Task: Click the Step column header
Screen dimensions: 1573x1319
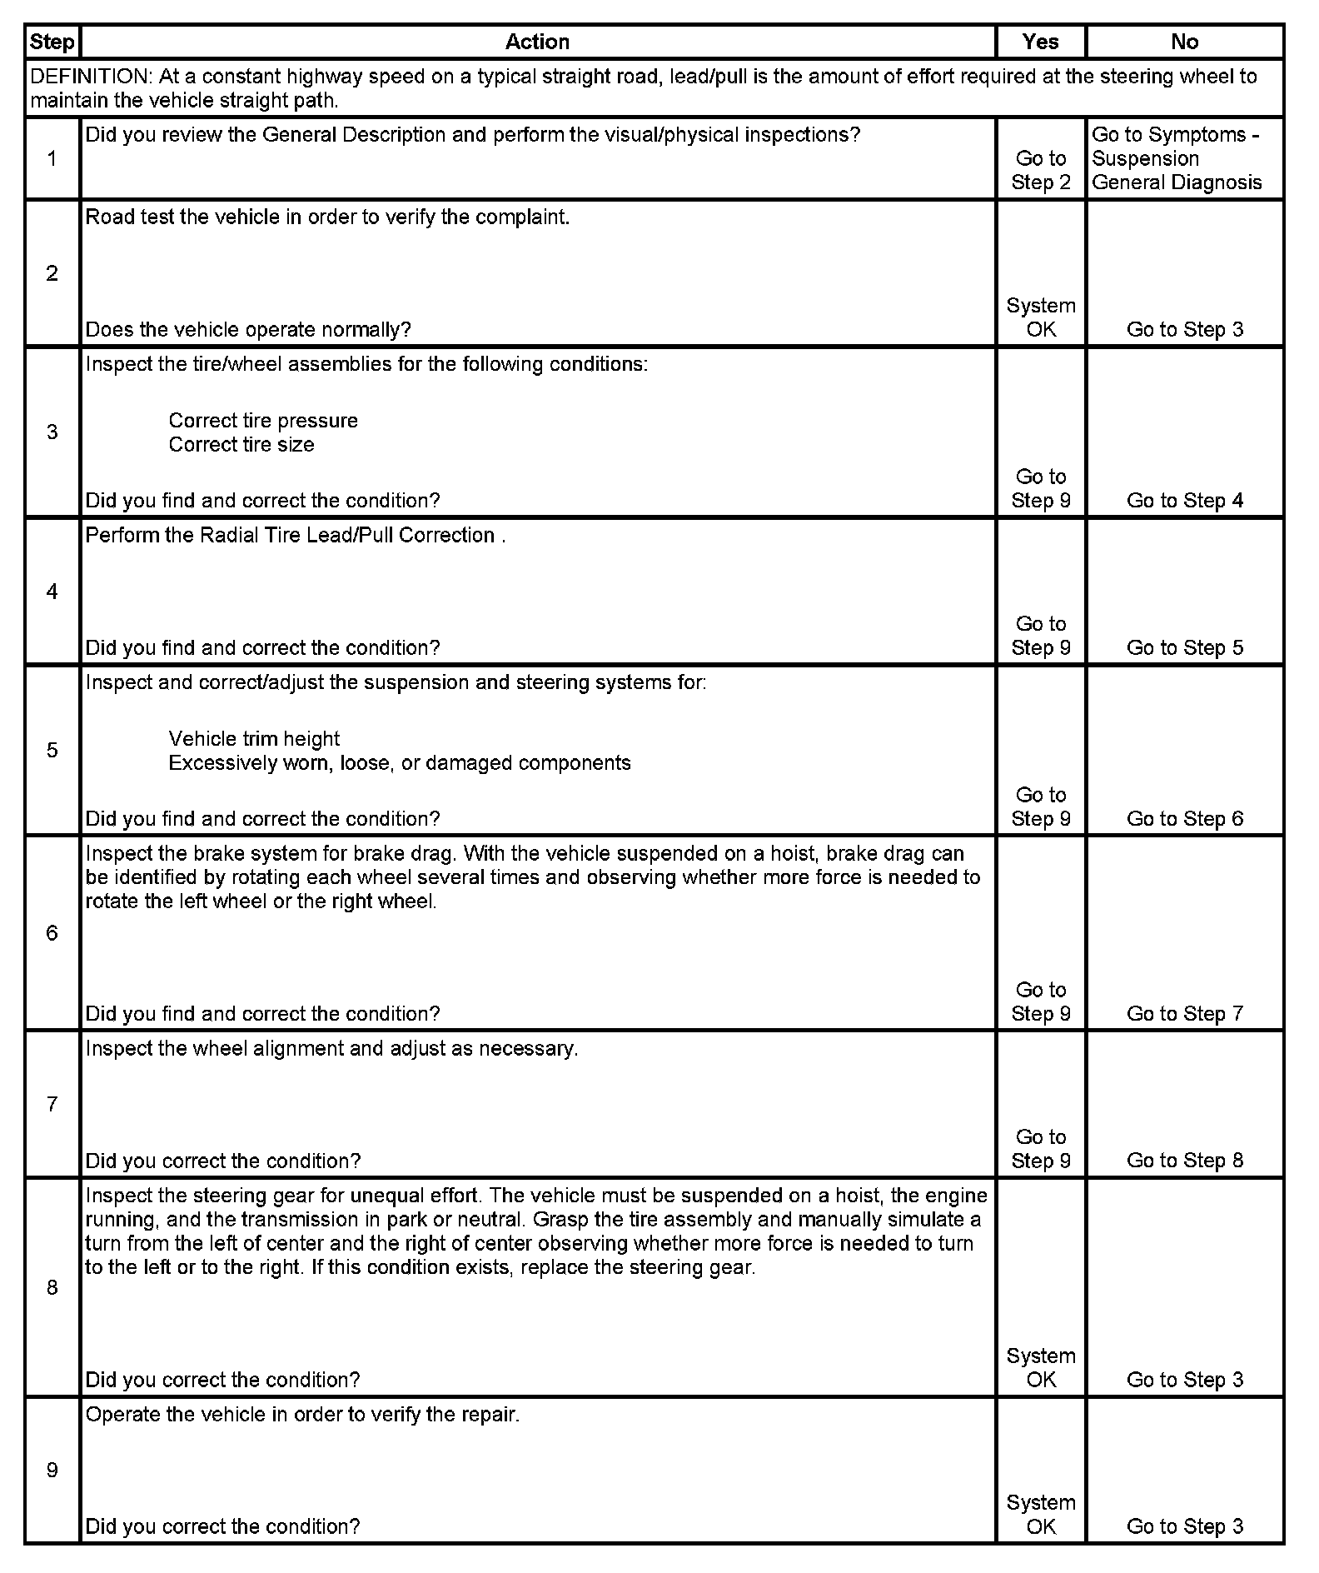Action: [x=52, y=42]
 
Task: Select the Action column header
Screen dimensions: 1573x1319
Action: [x=537, y=42]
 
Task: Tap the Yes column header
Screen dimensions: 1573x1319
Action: [x=1040, y=42]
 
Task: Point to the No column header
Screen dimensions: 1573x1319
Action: [x=1184, y=42]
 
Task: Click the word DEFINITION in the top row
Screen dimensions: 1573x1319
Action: [x=91, y=77]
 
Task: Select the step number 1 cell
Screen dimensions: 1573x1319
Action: [x=52, y=158]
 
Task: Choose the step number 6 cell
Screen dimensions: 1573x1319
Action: [x=52, y=932]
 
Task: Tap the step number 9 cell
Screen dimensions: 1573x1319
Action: [x=52, y=1470]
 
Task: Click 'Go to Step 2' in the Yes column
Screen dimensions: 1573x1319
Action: [x=1040, y=170]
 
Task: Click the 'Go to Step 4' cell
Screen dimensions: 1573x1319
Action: [x=1184, y=501]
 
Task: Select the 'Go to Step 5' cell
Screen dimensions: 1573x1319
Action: [x=1184, y=648]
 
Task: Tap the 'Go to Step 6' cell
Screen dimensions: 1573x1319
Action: [x=1184, y=819]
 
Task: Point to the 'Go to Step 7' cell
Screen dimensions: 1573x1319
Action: [x=1184, y=1014]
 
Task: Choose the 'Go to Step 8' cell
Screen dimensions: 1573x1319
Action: [x=1184, y=1161]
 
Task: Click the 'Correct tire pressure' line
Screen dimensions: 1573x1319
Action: [x=263, y=421]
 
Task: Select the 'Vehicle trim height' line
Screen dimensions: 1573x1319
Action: [x=254, y=739]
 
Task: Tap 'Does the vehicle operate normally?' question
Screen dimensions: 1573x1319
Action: [x=248, y=330]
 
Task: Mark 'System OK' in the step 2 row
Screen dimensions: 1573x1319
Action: [x=1040, y=317]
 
